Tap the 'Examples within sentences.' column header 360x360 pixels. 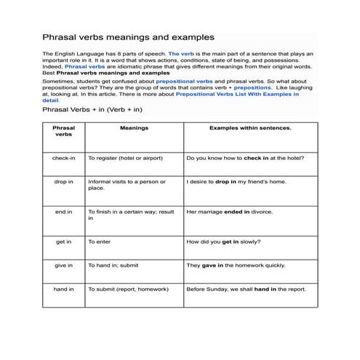(250, 127)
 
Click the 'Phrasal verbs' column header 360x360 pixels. (64, 131)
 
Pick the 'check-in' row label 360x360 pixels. (64, 157)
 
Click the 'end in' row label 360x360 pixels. (64, 212)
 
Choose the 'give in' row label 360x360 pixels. (64, 265)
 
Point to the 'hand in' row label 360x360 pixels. (64, 289)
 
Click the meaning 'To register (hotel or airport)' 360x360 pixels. (125, 157)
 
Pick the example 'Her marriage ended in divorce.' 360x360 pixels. (230, 212)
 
